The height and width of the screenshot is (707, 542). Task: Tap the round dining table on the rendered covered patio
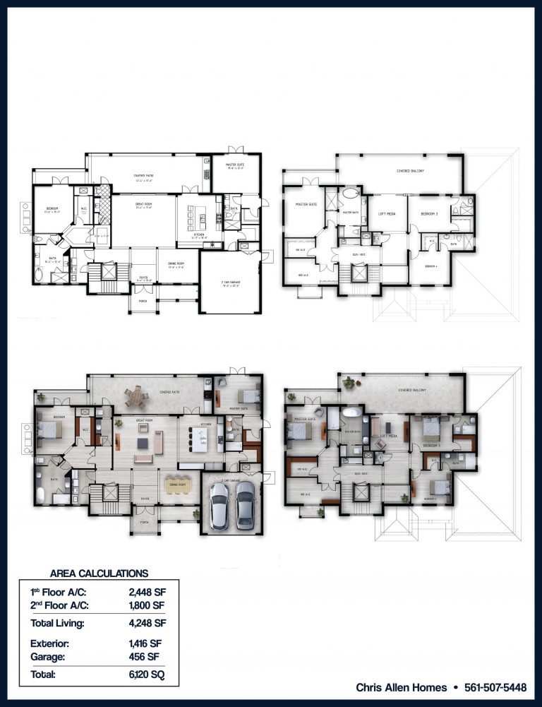136,397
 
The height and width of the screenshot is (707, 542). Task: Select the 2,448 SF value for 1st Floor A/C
147,592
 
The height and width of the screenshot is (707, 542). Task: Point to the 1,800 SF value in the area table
147,605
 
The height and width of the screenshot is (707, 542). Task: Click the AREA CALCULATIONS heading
100,574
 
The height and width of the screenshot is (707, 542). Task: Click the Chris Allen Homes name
401,687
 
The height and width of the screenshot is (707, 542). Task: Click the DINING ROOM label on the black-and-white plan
176,266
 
